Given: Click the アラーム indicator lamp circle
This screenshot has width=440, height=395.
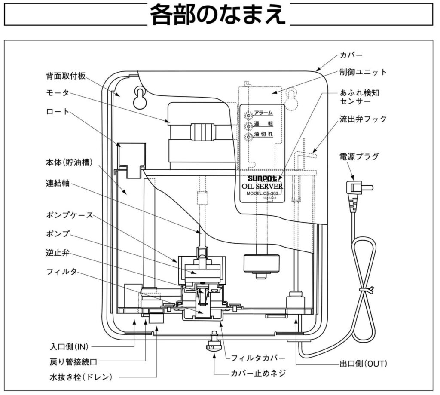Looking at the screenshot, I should [x=248, y=115].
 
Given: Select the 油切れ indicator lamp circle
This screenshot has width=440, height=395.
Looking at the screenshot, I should [x=248, y=137].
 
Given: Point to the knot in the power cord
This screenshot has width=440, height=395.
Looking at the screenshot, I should [x=367, y=291].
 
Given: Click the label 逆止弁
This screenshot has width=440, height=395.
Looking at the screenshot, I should [x=57, y=253].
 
